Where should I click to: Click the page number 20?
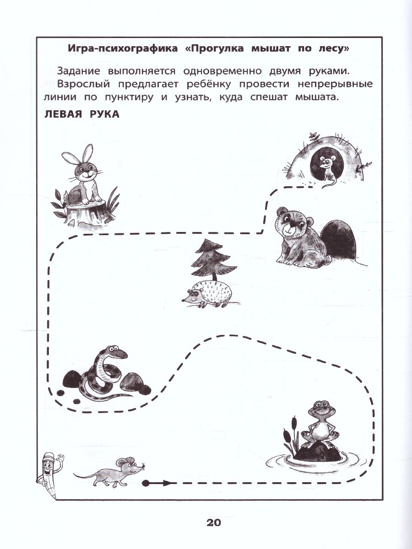(214, 522)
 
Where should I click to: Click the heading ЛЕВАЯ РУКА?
(82, 114)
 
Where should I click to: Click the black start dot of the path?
(146, 482)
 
